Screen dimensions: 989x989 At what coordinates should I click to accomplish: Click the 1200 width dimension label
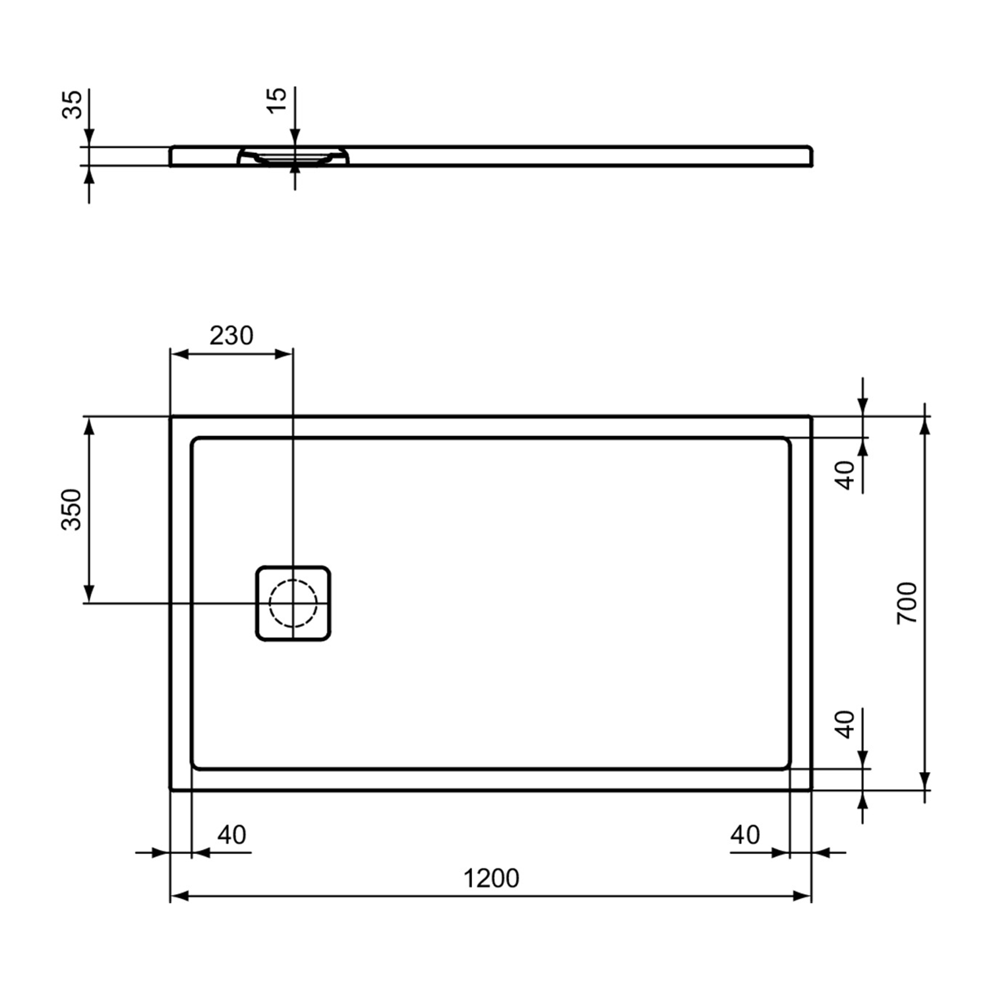pyautogui.click(x=491, y=878)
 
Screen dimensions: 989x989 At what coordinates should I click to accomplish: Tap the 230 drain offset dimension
pyautogui.click(x=231, y=336)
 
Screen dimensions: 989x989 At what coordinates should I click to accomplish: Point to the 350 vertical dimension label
pyautogui.click(x=71, y=510)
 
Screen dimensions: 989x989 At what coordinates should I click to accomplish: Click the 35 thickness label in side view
pyautogui.click(x=73, y=104)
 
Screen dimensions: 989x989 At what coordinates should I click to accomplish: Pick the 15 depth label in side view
pyautogui.click(x=278, y=100)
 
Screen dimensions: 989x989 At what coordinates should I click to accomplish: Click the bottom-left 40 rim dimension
pyautogui.click(x=231, y=835)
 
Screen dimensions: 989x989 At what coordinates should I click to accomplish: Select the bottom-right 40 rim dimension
pyautogui.click(x=745, y=835)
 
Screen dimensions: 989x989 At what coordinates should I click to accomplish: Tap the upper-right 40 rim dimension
pyautogui.click(x=845, y=475)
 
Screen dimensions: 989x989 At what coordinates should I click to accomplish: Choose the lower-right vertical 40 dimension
pyautogui.click(x=845, y=723)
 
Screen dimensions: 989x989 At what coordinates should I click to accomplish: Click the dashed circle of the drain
pyautogui.click(x=293, y=603)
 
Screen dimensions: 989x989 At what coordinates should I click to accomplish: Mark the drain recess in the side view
pyautogui.click(x=293, y=156)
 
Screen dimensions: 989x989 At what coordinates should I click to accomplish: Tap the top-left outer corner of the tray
pyautogui.click(x=171, y=417)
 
